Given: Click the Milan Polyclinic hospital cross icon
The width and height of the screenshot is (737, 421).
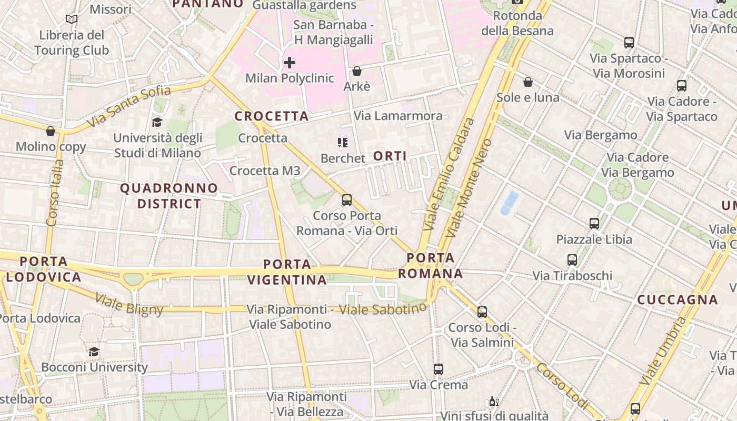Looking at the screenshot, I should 289,63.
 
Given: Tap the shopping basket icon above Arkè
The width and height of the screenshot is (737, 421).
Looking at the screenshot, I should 357,71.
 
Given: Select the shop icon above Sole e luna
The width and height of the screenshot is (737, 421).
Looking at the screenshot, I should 528,82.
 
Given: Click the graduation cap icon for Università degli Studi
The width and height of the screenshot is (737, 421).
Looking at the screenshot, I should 157,123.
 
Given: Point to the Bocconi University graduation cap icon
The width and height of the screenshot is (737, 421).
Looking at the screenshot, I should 94,352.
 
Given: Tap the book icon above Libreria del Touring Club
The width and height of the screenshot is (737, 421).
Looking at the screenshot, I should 72,19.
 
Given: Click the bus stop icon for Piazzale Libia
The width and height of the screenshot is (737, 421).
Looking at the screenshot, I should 594,224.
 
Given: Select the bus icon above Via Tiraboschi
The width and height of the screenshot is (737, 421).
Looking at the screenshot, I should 572,260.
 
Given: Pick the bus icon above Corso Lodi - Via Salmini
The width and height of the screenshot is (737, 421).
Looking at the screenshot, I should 482,312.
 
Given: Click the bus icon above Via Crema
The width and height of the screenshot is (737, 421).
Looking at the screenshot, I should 439,369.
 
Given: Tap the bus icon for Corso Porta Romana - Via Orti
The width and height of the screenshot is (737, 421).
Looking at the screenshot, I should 346,200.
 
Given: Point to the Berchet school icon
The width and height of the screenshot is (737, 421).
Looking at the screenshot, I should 343,143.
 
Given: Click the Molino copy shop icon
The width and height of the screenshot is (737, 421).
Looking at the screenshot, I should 51,131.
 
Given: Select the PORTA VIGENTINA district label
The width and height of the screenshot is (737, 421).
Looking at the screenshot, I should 287,272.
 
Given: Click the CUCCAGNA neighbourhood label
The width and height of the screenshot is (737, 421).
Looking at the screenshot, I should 678,300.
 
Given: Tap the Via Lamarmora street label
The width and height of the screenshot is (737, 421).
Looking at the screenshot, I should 398,116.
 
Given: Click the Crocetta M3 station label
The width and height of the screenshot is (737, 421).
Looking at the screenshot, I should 265,171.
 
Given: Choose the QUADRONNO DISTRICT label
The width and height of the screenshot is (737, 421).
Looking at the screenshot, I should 169,196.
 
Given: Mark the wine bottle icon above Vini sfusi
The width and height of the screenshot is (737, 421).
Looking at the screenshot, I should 493,402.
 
